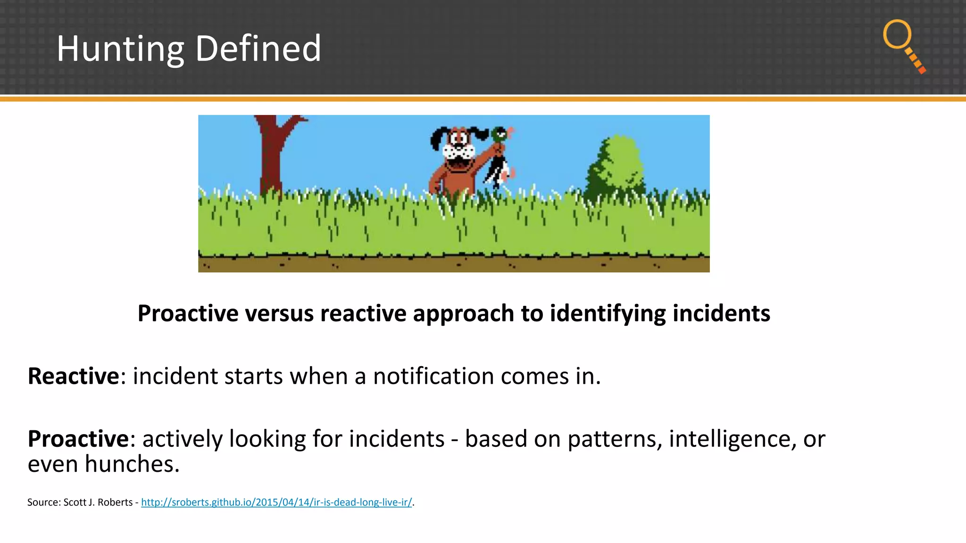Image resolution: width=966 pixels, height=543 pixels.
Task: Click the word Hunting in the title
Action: click(120, 49)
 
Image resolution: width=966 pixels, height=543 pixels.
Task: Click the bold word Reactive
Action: click(74, 376)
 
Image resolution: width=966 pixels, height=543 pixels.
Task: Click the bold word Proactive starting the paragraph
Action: click(78, 439)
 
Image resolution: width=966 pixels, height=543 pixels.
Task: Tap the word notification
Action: click(433, 376)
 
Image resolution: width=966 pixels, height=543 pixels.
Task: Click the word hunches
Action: click(132, 464)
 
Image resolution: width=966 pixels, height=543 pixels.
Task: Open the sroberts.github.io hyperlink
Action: click(276, 502)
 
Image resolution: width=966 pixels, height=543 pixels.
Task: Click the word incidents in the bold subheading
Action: click(721, 313)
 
